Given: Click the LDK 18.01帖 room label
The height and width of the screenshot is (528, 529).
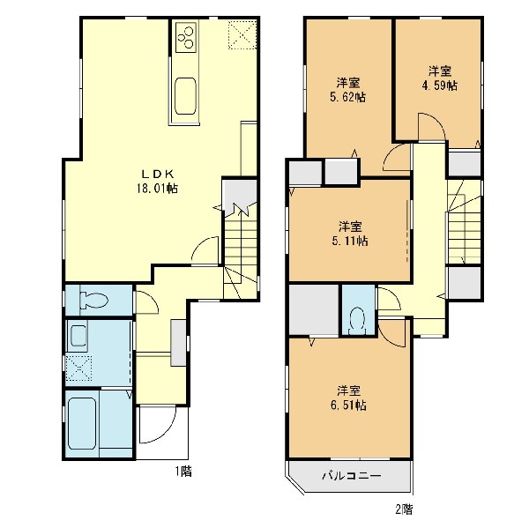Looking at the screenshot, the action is point(158,182).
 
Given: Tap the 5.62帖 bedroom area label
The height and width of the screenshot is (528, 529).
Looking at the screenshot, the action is point(348,90).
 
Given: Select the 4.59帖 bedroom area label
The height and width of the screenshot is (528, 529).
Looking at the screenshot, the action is point(440,78).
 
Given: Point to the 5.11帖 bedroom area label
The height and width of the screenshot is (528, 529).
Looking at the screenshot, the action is point(349,234).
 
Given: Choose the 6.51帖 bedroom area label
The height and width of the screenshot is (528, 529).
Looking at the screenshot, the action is point(348,398).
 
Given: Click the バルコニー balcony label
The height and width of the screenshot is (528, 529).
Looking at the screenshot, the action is point(352,476).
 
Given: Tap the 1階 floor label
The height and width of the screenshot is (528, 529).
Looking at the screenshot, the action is point(183,471).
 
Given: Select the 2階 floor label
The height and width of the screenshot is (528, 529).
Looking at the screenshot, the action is point(404,509).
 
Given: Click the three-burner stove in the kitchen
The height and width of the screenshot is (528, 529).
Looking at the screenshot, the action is point(185,37).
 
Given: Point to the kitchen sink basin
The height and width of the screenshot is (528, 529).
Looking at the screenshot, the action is point(185,96).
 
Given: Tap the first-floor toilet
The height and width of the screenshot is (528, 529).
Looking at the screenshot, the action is point(93,300).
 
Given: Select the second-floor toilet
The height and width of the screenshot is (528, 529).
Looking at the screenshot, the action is point(358,321).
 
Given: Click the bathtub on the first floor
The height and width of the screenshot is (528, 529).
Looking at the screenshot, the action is point(82,423).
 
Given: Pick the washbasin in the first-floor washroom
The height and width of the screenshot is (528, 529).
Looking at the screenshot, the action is point(78,335).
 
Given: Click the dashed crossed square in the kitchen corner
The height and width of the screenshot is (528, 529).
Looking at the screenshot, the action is point(242,34).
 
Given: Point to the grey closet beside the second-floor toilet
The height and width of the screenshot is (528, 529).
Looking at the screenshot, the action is point(314,310).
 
